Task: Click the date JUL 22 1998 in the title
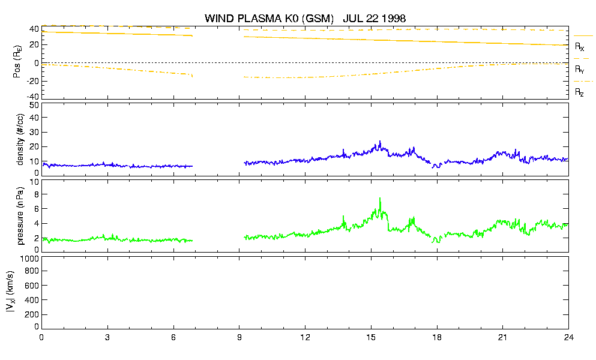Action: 375,18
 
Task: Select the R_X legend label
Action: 579,47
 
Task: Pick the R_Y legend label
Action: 579,69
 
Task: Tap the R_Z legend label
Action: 579,92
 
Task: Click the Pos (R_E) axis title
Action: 17,62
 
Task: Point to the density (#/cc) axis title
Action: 20,139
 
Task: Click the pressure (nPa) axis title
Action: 20,215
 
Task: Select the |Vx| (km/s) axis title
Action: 11,292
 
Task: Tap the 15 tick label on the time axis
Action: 371,337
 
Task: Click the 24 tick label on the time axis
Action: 568,337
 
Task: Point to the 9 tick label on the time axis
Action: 239,337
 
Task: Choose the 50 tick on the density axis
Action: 34,105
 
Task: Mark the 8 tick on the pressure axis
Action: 37,194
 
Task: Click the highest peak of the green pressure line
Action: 380,198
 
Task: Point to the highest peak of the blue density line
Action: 380,142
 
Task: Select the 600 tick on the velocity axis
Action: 32,286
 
